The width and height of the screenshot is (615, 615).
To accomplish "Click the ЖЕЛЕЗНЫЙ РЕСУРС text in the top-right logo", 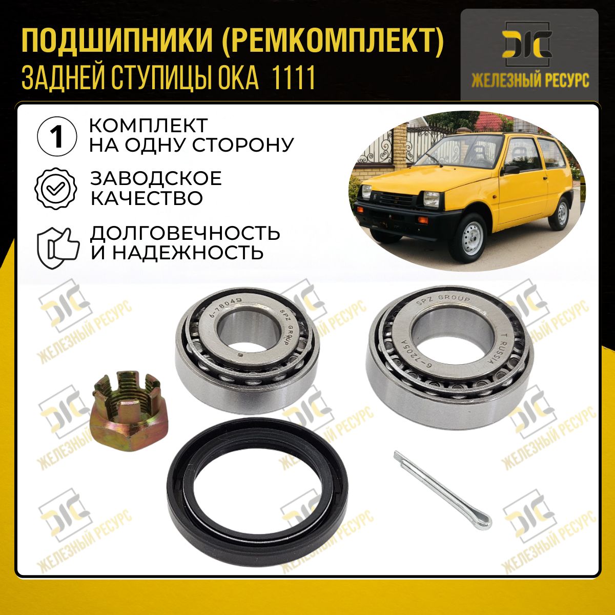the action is click(530, 80).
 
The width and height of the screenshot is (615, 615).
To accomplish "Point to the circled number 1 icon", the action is click(57, 137).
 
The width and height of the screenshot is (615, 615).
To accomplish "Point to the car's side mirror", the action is click(510, 170).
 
